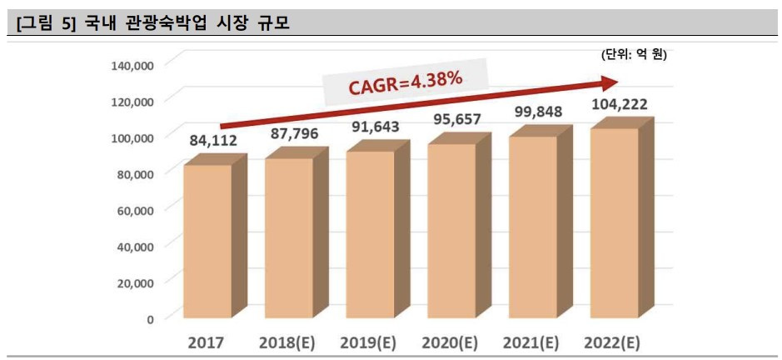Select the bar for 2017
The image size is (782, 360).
[x=207, y=242]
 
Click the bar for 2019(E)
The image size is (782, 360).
[x=371, y=234]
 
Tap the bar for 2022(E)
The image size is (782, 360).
[x=615, y=222]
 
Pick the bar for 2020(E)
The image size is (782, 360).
[x=451, y=231]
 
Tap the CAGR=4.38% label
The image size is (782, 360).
[x=403, y=83]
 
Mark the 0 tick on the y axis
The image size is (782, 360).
[x=150, y=318]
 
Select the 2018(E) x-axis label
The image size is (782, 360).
[x=286, y=342]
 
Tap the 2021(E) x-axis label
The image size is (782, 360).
[x=531, y=342]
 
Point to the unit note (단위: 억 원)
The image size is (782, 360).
[x=634, y=55]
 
